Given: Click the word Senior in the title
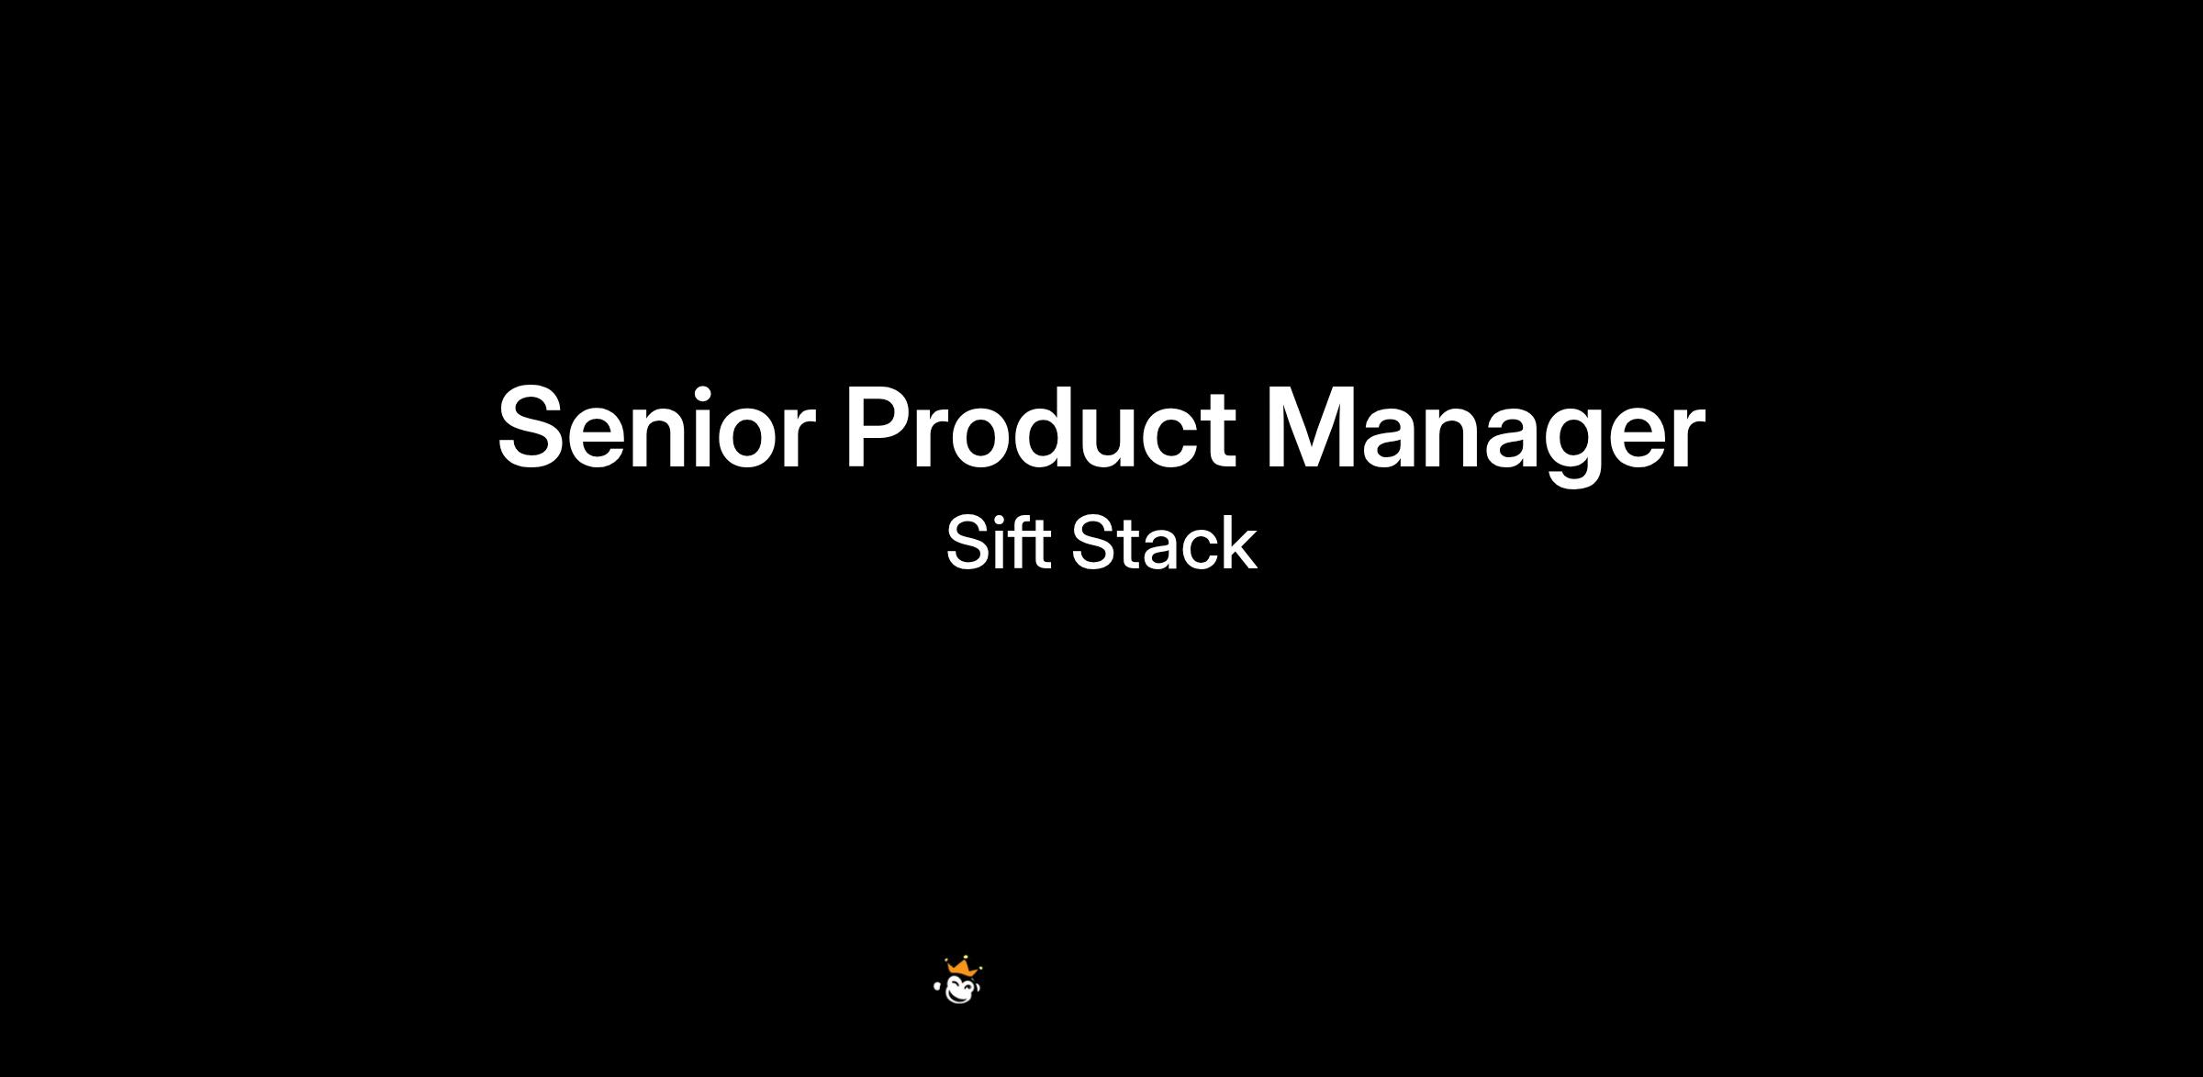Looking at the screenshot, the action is click(656, 427).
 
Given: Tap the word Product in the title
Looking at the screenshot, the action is click(1040, 427).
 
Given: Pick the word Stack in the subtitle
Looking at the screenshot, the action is click(1164, 543).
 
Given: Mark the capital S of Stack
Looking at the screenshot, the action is click(1094, 543).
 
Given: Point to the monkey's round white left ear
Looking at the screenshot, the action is click(936, 987).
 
